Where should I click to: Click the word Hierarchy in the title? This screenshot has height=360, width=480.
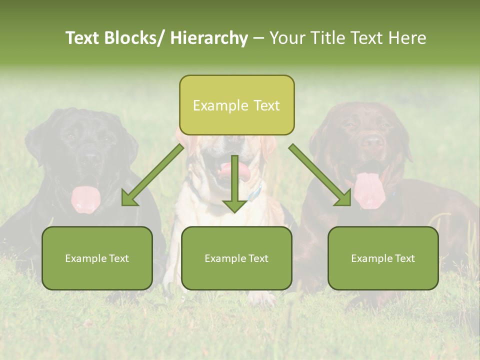tap(209, 38)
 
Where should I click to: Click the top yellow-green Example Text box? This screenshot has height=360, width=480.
tap(236, 105)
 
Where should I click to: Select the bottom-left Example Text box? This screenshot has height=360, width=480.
tap(97, 258)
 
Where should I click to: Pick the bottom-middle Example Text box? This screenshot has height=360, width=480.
tap(236, 258)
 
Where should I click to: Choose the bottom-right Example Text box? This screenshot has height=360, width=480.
tap(383, 258)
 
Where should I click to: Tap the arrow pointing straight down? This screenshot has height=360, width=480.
tap(234, 185)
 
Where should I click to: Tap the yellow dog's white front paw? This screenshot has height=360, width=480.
tap(262, 299)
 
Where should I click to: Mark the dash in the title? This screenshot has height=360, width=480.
tap(258, 38)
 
